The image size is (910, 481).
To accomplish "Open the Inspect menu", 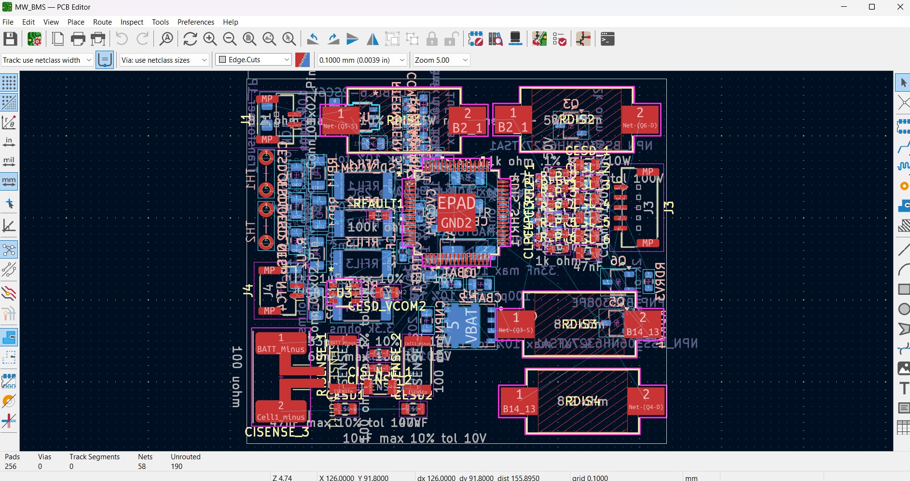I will [132, 22].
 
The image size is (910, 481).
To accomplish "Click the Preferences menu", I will [195, 22].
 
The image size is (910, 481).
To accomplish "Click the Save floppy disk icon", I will [10, 39].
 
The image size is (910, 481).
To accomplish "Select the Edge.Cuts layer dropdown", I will [254, 60].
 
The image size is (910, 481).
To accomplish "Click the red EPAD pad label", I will [456, 204].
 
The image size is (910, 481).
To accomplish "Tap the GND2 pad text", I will [456, 223].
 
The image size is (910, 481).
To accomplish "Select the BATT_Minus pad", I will [281, 344].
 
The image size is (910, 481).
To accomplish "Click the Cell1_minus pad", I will [281, 411].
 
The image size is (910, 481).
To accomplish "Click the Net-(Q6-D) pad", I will [640, 119].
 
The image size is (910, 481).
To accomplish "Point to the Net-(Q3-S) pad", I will [516, 324].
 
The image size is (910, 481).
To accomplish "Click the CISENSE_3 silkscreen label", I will [276, 432].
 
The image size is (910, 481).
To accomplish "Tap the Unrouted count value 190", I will [177, 467].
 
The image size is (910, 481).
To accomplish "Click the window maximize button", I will [872, 7].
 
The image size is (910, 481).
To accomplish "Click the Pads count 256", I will [11, 467].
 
